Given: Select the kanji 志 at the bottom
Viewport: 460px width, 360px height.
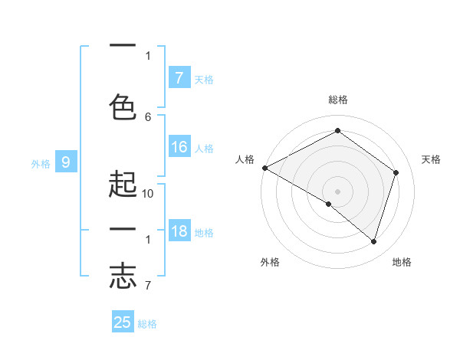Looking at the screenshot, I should point(123,277).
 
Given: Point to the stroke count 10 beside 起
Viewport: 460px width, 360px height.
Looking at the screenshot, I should point(148,194).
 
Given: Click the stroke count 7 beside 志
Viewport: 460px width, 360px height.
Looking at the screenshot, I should point(148,286).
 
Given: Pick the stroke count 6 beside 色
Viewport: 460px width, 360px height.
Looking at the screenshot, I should point(148,116).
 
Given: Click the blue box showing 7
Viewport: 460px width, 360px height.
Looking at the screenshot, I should point(179,77).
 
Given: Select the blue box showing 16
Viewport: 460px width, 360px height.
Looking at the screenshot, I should point(179,147).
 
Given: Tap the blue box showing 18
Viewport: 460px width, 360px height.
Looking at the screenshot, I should point(179,231).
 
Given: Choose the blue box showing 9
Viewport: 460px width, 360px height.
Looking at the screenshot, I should point(66,162).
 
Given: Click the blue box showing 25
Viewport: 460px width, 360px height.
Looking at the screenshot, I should point(123,322).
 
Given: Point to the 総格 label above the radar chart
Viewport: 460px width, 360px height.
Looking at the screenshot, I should point(337,100).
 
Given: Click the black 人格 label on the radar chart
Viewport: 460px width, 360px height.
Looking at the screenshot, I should point(245,159).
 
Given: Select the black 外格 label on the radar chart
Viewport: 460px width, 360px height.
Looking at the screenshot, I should point(270,262).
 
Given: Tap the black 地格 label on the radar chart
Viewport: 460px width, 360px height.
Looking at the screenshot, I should point(402,262).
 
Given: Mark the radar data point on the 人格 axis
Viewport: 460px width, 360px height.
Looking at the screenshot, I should point(264,168).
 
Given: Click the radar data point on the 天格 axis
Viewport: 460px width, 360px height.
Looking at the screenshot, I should point(396,172).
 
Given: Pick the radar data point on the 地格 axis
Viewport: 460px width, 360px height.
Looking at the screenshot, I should point(373,241).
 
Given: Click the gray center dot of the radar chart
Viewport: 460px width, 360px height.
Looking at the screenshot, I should point(337,191).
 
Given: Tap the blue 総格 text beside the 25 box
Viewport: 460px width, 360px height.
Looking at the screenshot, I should point(148,324).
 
